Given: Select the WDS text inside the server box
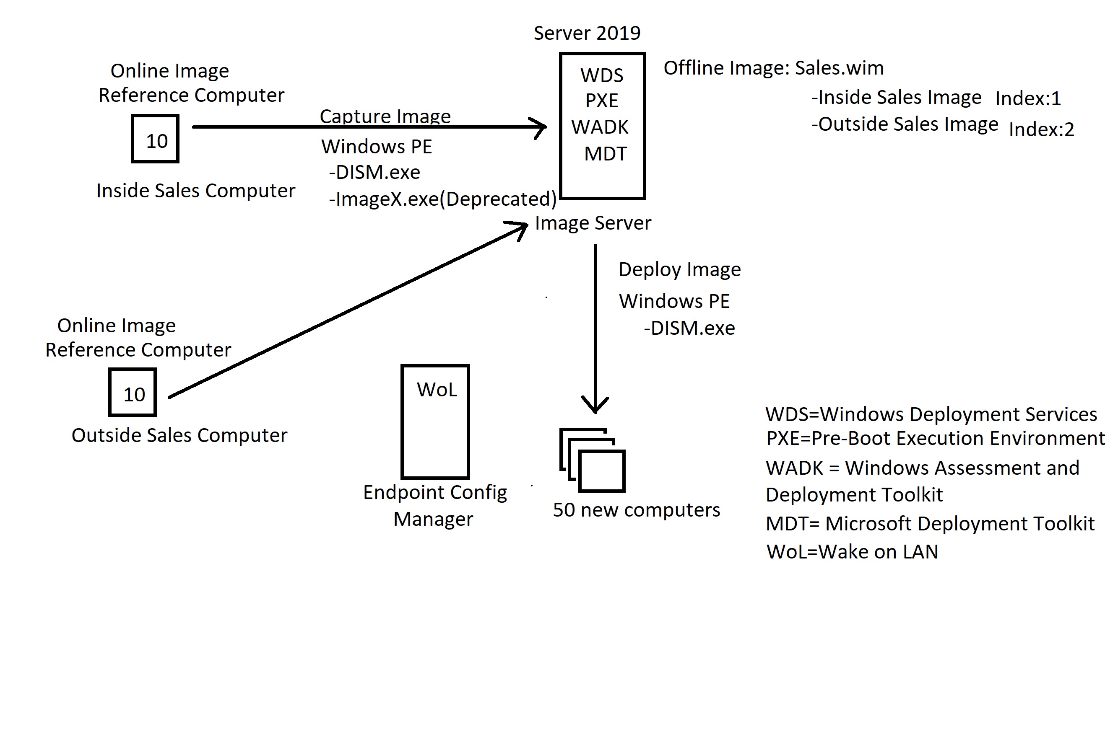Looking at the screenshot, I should (x=602, y=75).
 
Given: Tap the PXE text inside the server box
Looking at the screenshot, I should (x=602, y=101).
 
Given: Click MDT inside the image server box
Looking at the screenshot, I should (x=605, y=154).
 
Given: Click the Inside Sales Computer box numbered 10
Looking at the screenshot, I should (x=156, y=140).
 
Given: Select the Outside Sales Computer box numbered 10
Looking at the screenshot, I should (x=133, y=393).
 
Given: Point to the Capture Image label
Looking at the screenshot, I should (x=385, y=116).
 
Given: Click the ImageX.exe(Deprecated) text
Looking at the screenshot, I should (x=442, y=199).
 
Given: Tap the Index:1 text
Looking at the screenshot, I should (x=1028, y=98).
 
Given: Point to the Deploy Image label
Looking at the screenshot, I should (x=679, y=269).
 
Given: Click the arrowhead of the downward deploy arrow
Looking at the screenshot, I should (x=595, y=405).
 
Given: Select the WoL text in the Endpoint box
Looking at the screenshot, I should (x=437, y=390).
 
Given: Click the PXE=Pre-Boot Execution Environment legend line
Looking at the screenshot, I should (x=935, y=438).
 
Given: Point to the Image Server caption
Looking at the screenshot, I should (x=593, y=223).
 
